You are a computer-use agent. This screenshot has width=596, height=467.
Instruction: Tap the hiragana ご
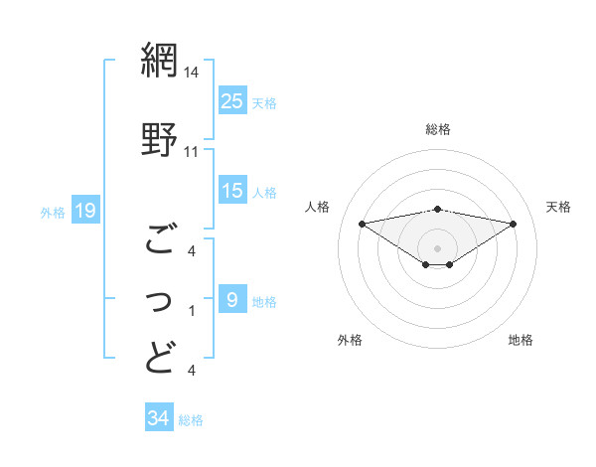click(160, 237)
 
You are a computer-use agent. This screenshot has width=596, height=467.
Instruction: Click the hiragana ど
click(160, 357)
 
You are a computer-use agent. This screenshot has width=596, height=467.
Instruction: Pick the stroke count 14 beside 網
click(192, 72)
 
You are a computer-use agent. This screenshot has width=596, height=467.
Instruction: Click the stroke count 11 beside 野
click(192, 151)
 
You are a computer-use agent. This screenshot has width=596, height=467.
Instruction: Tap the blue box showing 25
click(231, 99)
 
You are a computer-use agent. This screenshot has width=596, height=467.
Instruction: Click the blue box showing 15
click(231, 190)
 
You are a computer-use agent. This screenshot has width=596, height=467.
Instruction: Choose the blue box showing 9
click(231, 299)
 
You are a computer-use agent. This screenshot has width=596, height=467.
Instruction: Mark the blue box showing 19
click(84, 210)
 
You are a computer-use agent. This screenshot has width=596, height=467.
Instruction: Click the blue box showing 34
click(158, 418)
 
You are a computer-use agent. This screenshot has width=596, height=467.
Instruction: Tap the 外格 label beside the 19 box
click(53, 211)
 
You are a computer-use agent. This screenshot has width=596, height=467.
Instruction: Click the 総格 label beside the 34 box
click(191, 419)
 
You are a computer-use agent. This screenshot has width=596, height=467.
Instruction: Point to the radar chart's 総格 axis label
click(437, 129)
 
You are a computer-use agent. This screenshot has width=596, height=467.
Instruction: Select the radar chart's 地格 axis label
click(521, 340)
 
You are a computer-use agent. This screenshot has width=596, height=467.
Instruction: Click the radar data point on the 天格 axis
click(514, 224)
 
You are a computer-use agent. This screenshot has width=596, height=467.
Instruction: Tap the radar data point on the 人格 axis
click(362, 223)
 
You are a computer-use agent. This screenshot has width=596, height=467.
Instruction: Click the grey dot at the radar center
click(437, 247)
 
